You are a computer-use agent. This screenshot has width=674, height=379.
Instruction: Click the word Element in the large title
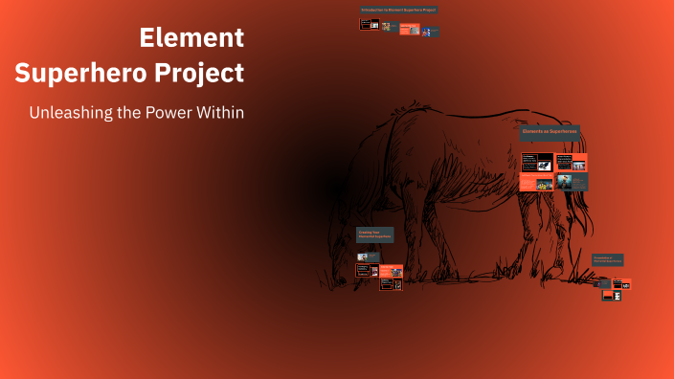(x=191, y=38)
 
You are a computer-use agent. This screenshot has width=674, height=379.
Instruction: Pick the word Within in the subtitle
(x=222, y=112)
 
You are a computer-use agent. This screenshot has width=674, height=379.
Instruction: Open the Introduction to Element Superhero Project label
(x=398, y=10)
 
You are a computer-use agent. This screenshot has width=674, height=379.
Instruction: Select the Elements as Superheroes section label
(x=550, y=132)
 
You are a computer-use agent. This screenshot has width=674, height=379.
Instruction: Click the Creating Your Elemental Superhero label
(x=374, y=234)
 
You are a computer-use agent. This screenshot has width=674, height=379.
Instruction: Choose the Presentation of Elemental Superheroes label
(x=608, y=259)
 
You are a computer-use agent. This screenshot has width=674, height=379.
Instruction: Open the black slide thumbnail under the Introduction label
(x=368, y=24)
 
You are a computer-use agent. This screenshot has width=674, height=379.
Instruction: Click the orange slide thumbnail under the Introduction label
(x=409, y=29)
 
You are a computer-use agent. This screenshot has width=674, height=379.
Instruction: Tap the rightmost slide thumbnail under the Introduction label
(x=432, y=32)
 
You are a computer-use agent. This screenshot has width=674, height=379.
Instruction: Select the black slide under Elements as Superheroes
(x=537, y=162)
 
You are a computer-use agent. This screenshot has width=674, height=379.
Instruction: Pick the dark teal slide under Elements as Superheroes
(x=573, y=180)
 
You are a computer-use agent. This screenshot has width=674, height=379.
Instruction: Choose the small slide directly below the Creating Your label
(x=363, y=256)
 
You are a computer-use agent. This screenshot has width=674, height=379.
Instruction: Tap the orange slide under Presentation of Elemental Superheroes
(x=622, y=283)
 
